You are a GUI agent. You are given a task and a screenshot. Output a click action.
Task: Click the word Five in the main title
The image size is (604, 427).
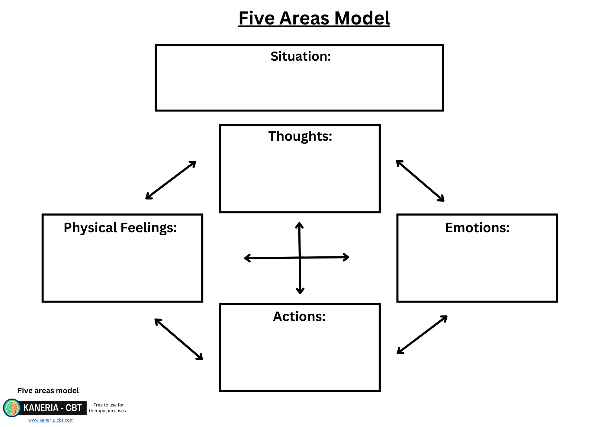pos(256,18)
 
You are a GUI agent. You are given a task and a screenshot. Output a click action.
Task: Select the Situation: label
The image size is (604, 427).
pos(300,56)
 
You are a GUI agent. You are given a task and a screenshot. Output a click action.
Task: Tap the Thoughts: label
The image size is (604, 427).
pos(300,136)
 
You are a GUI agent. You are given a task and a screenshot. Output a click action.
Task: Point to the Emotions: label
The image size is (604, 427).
pos(477,228)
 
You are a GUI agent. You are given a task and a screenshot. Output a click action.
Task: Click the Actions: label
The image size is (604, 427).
pos(299,316)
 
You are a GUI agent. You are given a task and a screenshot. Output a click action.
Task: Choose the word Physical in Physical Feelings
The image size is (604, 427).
pos(90,228)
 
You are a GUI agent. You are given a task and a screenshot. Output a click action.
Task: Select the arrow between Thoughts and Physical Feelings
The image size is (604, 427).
pos(171,180)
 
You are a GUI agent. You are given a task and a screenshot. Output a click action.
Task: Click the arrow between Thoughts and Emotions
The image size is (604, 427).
pos(420,181)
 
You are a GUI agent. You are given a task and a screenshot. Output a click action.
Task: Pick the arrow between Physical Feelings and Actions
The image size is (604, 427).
pos(179,339)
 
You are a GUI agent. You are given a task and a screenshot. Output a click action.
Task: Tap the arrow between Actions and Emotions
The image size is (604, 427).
pos(422,335)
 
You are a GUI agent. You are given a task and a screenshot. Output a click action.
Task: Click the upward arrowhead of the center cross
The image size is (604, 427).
pos(299,225)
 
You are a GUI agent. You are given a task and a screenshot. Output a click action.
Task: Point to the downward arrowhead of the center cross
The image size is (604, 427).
pos(300,291)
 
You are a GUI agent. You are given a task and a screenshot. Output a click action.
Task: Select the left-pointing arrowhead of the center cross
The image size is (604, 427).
pos(247,258)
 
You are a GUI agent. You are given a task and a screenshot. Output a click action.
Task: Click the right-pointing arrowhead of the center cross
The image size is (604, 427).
pos(347,257)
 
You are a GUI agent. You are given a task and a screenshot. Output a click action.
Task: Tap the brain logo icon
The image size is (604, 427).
pos(12,408)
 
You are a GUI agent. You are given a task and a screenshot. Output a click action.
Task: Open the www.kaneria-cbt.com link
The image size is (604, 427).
pos(51,420)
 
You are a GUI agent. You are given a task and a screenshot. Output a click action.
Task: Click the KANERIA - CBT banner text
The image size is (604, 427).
pos(53,408)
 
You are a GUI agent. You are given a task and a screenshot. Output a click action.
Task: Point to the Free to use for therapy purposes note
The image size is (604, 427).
pos(108,408)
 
